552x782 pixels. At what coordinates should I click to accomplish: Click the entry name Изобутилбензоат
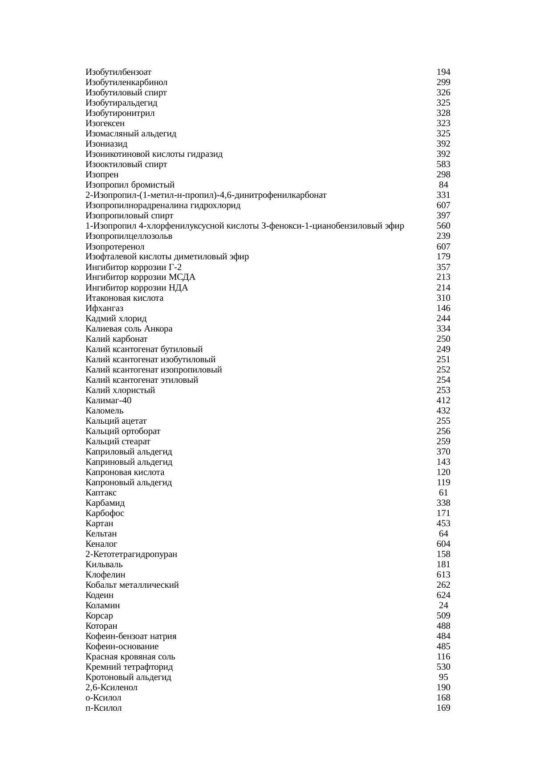pos(118,72)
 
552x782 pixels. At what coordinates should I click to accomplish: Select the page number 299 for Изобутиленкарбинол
pos(443,82)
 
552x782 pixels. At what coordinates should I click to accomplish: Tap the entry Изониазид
pos(106,144)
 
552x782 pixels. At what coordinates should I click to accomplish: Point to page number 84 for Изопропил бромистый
pos(443,185)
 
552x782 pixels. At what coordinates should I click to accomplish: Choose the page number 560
pos(443,226)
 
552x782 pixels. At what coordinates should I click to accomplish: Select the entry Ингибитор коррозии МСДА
pos(140,277)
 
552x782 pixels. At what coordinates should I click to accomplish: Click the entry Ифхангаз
pos(104,308)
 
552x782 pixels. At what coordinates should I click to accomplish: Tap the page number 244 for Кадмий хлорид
pos(443,319)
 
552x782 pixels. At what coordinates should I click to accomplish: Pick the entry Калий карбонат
pos(116,339)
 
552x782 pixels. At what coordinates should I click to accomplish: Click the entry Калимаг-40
pos(108,401)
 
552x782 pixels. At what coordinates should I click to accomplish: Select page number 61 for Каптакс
pos(443,493)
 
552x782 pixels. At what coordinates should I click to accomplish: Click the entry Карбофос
pos(105,513)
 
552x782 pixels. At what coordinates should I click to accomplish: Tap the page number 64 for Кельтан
pos(443,534)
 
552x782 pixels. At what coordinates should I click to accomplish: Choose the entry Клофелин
pos(105,575)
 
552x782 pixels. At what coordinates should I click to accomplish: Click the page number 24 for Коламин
pos(443,606)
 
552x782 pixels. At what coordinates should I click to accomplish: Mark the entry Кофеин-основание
pos(122,647)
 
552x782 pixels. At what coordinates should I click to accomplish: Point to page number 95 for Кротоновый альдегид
pos(443,677)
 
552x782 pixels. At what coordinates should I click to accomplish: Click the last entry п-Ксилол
pos(103,708)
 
